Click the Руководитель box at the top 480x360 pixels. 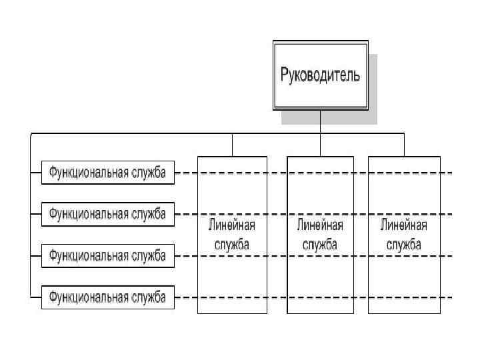pyautogui.click(x=320, y=75)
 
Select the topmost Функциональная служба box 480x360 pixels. pyautogui.click(x=107, y=173)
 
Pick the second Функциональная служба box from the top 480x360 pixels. pyautogui.click(x=107, y=214)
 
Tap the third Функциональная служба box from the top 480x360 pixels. pyautogui.click(x=107, y=255)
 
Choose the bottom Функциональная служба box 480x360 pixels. pyautogui.click(x=107, y=296)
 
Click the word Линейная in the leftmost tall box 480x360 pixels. pyautogui.click(x=232, y=225)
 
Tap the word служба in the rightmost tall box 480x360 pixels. pyautogui.click(x=404, y=244)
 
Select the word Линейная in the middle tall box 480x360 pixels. pyautogui.click(x=320, y=225)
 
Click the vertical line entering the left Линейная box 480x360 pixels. pyautogui.click(x=232, y=145)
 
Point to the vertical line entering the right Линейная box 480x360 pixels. pyautogui.click(x=404, y=145)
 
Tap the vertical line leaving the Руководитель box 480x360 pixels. pyautogui.click(x=320, y=121)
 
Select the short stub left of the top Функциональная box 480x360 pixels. pyautogui.click(x=35, y=173)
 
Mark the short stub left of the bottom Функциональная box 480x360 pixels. pyautogui.click(x=35, y=296)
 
